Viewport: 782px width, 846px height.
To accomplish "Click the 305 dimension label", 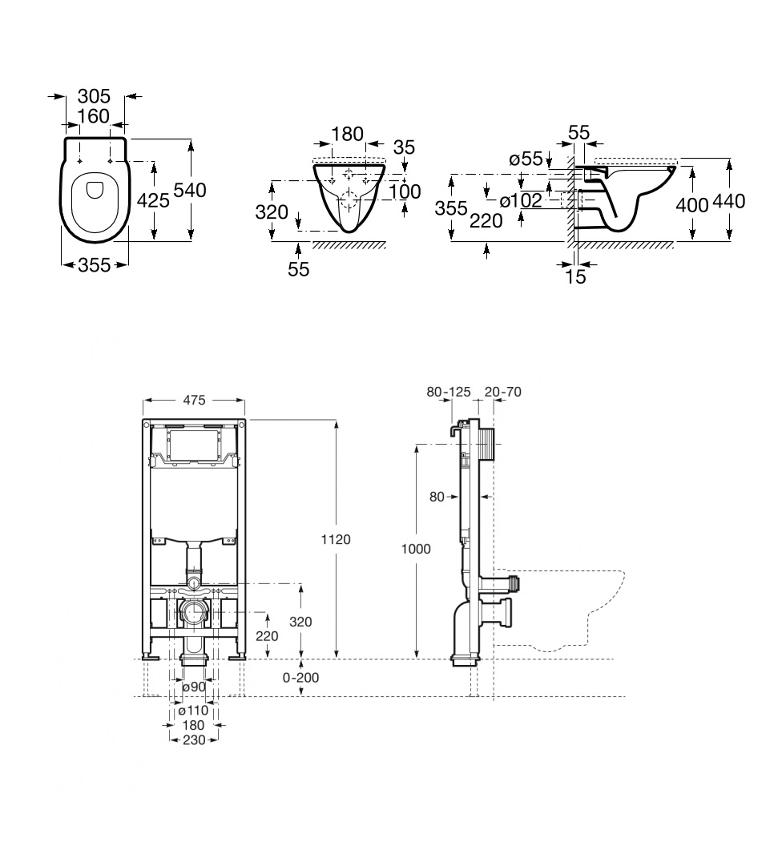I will point(94,96).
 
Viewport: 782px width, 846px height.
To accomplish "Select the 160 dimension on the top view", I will point(94,117).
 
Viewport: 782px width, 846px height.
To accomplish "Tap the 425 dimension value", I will point(152,200).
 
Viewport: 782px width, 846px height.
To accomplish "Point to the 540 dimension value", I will point(190,190).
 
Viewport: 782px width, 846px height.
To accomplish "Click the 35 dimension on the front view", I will point(404,147).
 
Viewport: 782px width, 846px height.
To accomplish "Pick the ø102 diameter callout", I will point(520,201).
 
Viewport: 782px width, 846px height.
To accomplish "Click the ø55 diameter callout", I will point(526,159).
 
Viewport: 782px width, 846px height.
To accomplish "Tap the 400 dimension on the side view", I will point(691,204).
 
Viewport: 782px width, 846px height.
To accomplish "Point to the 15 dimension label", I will point(575,277).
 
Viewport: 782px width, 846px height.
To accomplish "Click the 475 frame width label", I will point(194,399).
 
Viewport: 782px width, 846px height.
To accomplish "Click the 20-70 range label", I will point(503,392).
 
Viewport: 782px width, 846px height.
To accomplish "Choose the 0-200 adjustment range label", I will point(301,677).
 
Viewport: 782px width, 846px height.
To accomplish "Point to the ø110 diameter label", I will point(192,711).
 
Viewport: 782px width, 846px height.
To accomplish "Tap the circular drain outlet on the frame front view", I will point(193,615).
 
